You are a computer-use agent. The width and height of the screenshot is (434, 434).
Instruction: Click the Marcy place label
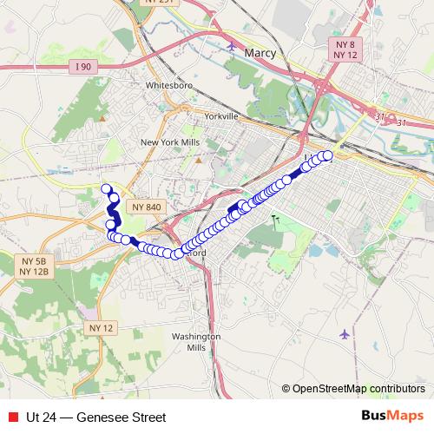click(260, 55)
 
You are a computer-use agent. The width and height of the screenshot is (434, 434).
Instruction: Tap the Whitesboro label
click(167, 85)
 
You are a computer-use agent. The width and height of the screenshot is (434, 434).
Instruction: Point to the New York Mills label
click(169, 142)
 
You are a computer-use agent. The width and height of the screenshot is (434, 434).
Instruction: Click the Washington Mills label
click(196, 341)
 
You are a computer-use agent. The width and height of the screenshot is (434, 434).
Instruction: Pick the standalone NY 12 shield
click(100, 327)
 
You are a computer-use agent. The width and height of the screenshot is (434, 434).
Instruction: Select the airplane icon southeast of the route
click(346, 333)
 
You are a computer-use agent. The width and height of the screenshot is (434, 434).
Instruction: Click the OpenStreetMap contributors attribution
click(358, 388)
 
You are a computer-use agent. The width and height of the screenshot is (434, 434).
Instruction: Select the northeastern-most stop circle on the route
click(327, 155)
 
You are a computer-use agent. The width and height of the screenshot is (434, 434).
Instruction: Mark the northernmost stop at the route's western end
click(107, 189)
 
